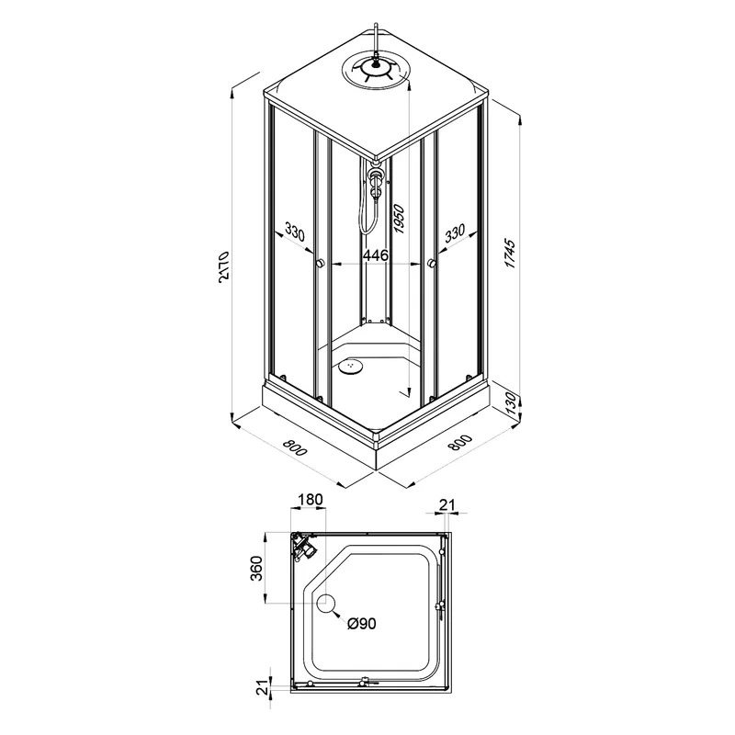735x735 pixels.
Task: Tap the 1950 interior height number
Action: tap(400, 219)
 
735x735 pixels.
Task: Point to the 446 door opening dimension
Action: tap(377, 255)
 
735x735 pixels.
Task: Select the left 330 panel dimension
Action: tap(294, 233)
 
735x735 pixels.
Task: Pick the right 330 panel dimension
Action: tap(455, 233)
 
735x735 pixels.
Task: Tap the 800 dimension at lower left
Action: tap(295, 447)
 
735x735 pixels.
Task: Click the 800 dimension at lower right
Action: tap(460, 443)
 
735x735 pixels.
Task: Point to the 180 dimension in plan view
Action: tap(310, 500)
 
